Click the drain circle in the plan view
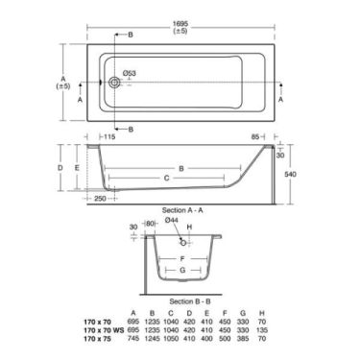pyautogui.click(x=115, y=84)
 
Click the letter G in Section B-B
pyautogui.click(x=180, y=272)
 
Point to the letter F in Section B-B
pyautogui.click(x=180, y=257)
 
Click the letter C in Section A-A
pyautogui.click(x=168, y=179)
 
